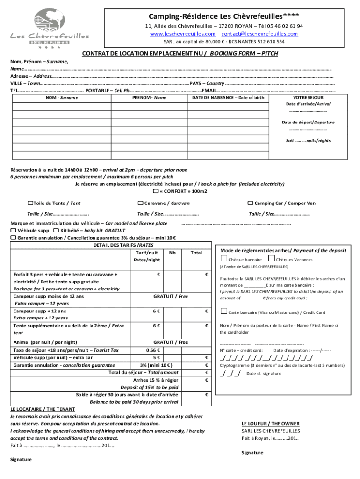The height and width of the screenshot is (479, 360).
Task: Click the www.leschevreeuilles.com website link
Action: click(183, 34)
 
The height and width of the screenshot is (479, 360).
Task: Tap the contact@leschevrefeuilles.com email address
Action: click(259, 34)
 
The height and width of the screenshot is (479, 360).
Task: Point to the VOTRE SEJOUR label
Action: click(308, 97)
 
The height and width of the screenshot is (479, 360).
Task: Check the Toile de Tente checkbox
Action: click(30, 203)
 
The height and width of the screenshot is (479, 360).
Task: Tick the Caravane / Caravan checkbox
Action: click(140, 203)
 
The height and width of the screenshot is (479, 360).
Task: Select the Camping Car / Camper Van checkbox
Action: click(250, 203)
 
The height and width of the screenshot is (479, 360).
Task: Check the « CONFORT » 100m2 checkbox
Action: click(156, 191)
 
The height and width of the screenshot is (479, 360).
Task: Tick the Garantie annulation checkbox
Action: click(13, 238)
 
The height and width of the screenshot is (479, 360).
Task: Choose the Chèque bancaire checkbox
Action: click(224, 259)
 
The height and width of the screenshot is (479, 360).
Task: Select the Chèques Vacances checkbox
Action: click(272, 259)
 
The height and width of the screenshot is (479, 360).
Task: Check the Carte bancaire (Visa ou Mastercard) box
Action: click(224, 312)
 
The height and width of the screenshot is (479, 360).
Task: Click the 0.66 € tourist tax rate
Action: click(153, 350)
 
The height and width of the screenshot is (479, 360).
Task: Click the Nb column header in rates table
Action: click(173, 253)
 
